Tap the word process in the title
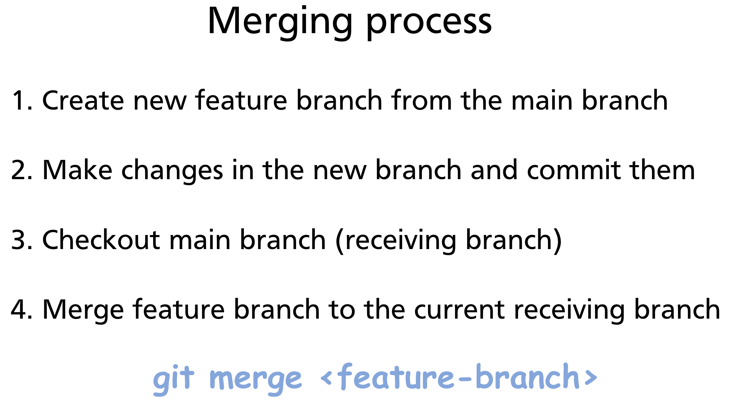coord(429,22)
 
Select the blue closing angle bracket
coord(591,377)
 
